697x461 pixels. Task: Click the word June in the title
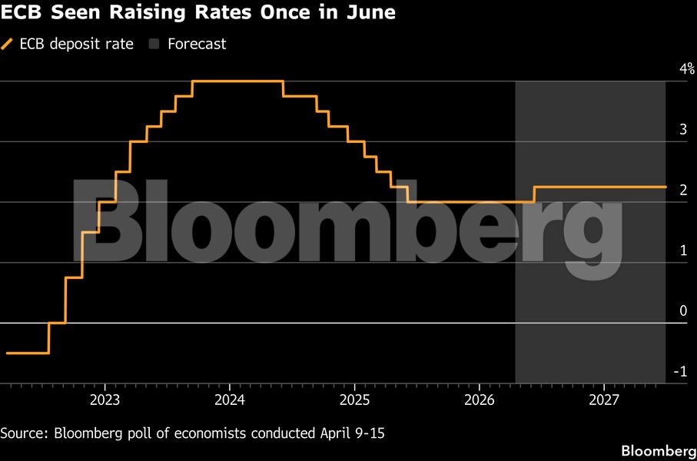371,14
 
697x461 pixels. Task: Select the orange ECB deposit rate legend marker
8,44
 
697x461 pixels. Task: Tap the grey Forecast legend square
153,44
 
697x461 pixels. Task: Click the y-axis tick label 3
682,130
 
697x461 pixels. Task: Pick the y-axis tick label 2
682,191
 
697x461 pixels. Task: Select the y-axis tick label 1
682,250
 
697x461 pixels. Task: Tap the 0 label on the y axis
682,311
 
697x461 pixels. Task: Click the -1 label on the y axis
680,372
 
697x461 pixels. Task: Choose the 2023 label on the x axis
105,400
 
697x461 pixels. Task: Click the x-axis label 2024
230,400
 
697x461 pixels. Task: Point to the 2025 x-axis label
354,400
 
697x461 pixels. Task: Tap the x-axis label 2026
480,400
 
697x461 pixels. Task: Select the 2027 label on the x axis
604,400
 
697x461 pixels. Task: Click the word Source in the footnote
24,433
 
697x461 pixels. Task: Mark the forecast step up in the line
534,194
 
